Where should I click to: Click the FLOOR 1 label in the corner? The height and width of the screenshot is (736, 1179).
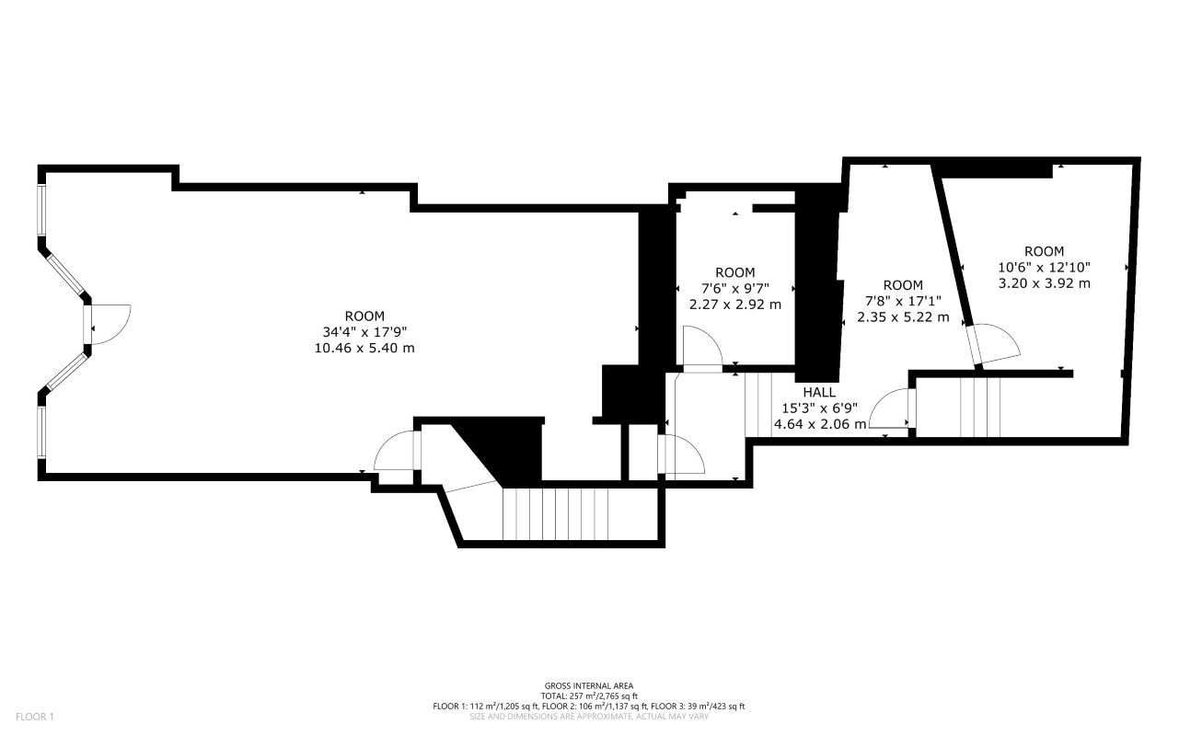[x=35, y=717]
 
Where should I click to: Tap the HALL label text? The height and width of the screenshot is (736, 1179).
[x=819, y=391]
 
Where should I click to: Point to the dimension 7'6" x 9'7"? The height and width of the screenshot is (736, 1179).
[x=735, y=288]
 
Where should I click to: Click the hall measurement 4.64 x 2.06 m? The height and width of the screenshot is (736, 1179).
[x=820, y=424]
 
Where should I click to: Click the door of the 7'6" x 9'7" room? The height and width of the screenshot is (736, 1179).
[x=701, y=351]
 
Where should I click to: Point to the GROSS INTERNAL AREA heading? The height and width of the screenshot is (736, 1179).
[x=589, y=685]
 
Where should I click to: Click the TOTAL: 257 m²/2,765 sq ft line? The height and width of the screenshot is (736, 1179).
[x=589, y=696]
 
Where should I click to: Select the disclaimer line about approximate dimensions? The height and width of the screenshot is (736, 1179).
[x=589, y=716]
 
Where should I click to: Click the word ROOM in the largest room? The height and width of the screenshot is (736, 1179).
[x=365, y=316]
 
